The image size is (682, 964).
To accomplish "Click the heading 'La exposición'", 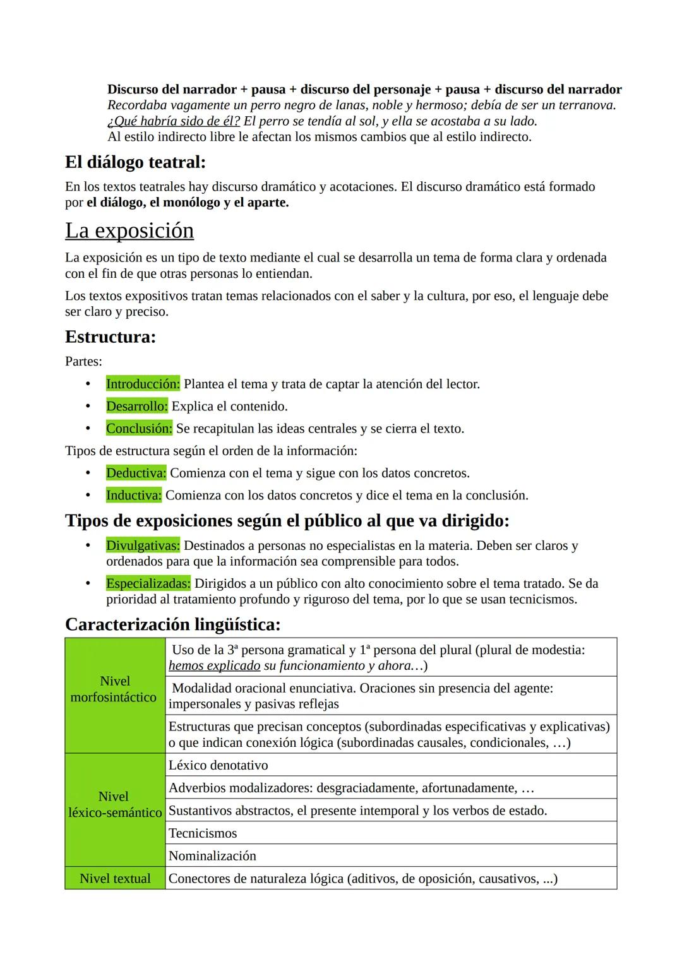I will click(129, 230).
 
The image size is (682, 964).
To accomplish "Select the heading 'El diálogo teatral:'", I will click(135, 162).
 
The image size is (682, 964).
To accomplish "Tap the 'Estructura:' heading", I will click(111, 336).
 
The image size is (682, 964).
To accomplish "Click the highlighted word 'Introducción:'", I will click(143, 384).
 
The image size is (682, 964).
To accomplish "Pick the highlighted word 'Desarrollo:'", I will click(136, 406).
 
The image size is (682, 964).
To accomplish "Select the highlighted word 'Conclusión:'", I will click(139, 429).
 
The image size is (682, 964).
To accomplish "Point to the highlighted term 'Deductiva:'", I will click(136, 473).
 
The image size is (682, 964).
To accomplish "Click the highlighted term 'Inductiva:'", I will click(134, 495).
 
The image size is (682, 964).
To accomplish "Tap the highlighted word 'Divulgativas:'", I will click(143, 545).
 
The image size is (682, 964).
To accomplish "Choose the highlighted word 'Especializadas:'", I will click(148, 583).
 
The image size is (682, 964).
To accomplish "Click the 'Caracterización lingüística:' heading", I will click(172, 624).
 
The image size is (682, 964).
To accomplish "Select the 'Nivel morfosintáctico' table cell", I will click(114, 689).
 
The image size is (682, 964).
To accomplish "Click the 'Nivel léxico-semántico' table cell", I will click(114, 805).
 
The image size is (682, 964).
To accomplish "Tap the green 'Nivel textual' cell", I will click(115, 878).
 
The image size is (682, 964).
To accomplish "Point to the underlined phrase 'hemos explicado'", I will click(214, 665).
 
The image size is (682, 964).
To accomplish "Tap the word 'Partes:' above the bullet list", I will click(83, 362).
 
